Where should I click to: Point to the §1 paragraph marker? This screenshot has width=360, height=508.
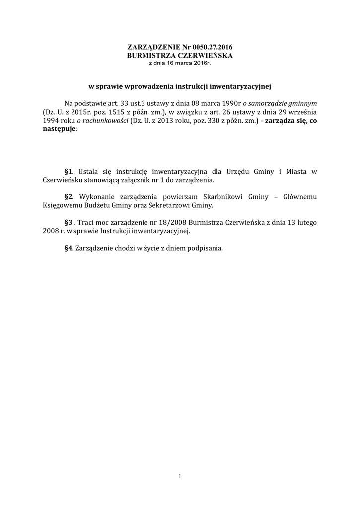pyautogui.click(x=69, y=172)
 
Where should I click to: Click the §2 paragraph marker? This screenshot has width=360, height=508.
pyautogui.click(x=69, y=196)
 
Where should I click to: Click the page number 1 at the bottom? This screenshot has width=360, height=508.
pyautogui.click(x=180, y=477)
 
